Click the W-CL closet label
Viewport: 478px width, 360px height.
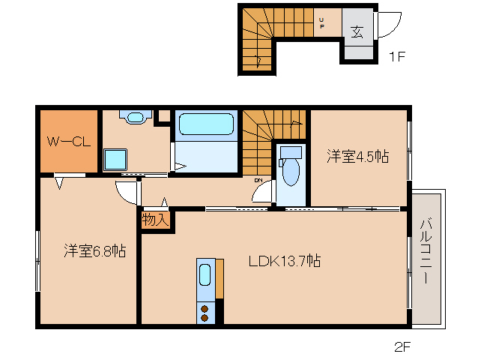coord(69,142)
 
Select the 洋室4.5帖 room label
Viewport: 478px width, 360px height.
coord(358,156)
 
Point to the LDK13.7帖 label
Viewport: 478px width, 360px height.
coord(285,261)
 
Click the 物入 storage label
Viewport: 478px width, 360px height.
coord(156,219)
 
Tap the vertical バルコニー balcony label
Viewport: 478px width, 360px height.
coord(426,250)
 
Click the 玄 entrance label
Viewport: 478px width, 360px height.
coord(357,31)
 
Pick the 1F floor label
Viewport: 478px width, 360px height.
coord(397,56)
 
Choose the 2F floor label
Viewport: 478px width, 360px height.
coord(402,347)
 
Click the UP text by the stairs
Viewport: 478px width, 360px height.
coord(321,23)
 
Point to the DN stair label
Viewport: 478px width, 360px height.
coord(258,181)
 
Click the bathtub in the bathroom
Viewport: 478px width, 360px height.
coord(206,124)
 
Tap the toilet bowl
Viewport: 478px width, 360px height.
coord(291,172)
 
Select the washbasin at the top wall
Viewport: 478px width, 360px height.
coord(136,117)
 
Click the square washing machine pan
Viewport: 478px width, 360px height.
coord(115,160)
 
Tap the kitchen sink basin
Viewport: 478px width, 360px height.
coord(205,275)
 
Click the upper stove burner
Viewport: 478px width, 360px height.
coord(205,309)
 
